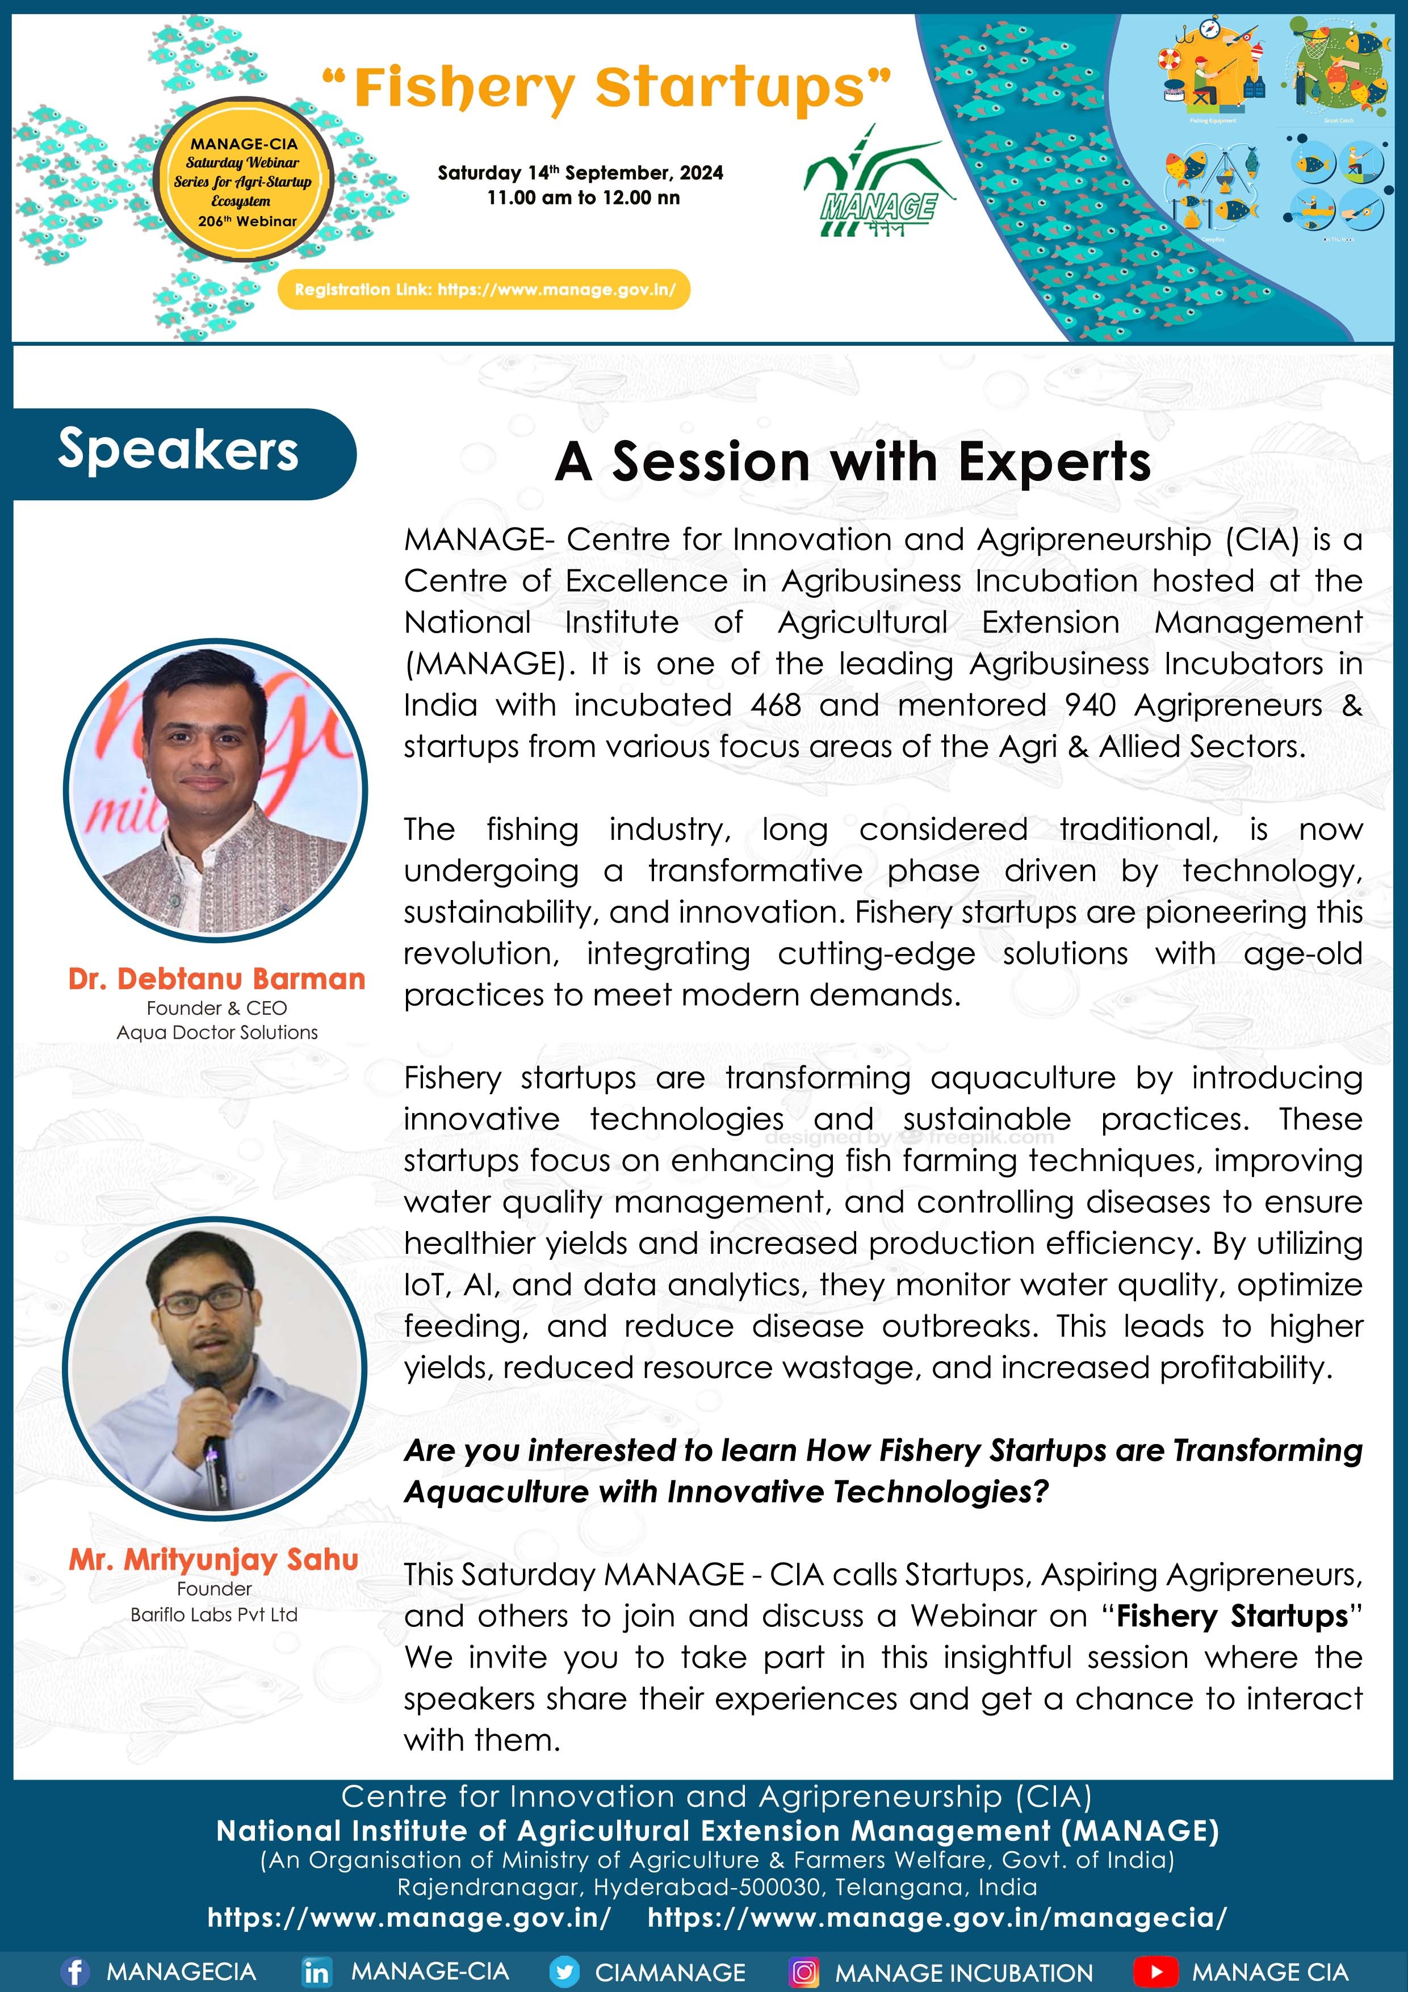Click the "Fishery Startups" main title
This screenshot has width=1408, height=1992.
(606, 89)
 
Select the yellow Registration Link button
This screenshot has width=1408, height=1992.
(484, 289)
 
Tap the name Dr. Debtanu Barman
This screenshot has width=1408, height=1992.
(217, 978)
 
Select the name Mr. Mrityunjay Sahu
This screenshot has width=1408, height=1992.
(214, 1559)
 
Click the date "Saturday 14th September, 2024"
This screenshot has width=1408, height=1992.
(580, 173)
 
